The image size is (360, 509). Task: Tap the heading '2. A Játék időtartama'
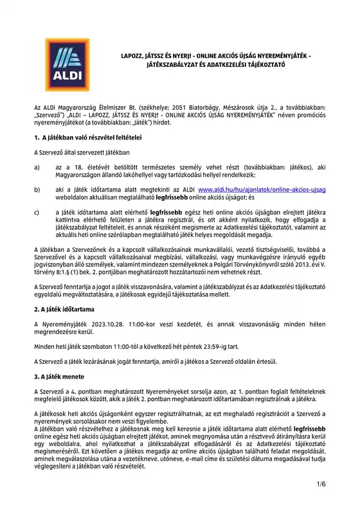(64, 309)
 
